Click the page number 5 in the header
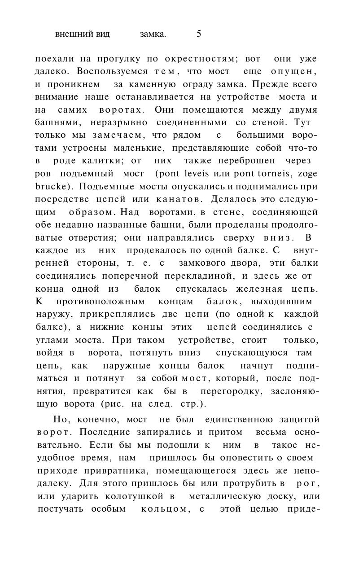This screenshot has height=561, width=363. coord(199,34)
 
